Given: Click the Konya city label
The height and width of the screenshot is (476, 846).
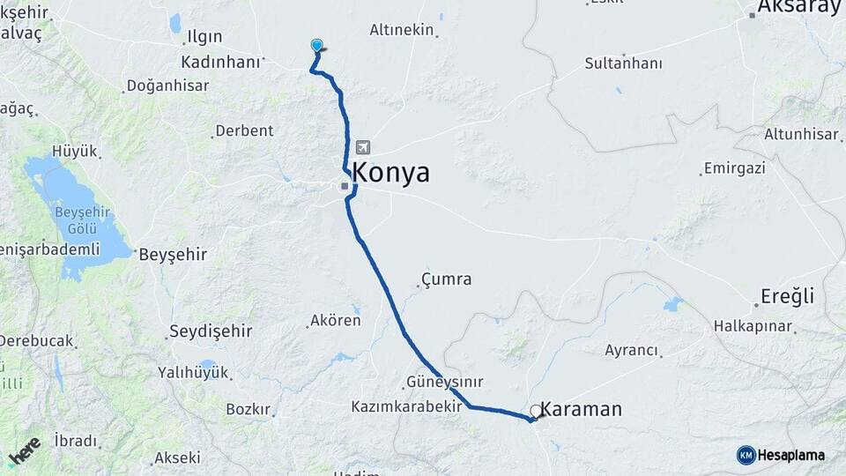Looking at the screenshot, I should [x=391, y=173].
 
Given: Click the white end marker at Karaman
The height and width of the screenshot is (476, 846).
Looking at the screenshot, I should [x=536, y=411].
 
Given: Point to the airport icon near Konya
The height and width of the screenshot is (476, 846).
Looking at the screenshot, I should [x=362, y=148].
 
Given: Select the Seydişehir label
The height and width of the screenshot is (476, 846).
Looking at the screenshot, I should [x=210, y=332].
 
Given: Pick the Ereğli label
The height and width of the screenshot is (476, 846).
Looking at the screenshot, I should [x=789, y=296].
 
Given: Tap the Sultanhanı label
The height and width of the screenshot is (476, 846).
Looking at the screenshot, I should [x=623, y=63].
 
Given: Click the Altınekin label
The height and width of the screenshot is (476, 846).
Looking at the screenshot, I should [x=402, y=30].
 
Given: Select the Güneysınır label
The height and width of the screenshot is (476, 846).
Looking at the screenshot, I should [x=445, y=383].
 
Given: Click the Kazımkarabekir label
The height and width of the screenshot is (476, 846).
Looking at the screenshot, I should [x=408, y=407].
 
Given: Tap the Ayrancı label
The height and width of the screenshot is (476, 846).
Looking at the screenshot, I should [x=631, y=350].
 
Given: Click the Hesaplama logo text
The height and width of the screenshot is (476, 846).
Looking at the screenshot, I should [x=790, y=455].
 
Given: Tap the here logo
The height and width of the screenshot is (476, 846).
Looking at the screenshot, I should [x=26, y=450].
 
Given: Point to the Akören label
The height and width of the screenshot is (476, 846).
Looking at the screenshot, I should [x=335, y=321].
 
